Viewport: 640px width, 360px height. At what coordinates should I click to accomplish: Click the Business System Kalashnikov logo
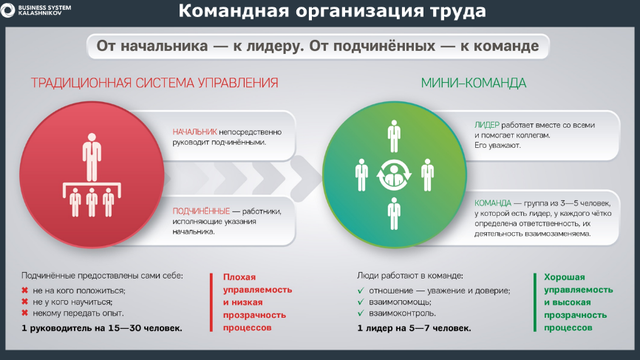[36, 10]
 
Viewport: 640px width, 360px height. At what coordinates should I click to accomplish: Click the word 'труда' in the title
[457, 11]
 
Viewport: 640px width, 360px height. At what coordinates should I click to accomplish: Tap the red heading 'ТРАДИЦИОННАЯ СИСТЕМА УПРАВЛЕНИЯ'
[154, 83]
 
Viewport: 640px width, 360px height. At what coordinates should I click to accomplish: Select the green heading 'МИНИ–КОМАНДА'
[474, 83]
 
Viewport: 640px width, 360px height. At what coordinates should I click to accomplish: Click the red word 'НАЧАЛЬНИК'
[194, 132]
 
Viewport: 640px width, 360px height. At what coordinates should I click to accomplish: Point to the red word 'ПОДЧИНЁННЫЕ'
[201, 211]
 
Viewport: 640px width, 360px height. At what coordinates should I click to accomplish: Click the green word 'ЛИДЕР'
[486, 125]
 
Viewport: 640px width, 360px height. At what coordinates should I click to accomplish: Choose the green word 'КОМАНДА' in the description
[492, 203]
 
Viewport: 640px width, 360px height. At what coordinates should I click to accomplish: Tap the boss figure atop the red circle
[92, 157]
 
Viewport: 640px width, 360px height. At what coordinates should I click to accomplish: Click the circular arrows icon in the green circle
[394, 175]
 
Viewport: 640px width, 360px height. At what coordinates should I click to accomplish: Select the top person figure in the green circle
[394, 136]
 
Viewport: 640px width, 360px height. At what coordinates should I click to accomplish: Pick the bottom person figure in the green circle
[394, 214]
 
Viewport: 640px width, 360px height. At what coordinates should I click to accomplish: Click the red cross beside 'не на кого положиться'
[24, 291]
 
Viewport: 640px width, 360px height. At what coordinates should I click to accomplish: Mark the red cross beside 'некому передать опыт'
[24, 313]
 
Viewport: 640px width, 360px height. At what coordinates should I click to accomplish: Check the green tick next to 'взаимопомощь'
[361, 302]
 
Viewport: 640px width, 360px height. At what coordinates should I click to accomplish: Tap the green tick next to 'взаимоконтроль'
[361, 313]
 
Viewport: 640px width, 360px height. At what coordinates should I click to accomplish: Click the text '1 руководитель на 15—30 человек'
[102, 328]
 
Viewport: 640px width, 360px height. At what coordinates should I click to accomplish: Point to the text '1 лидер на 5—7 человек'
[414, 328]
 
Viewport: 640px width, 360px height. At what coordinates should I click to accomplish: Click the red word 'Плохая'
[239, 277]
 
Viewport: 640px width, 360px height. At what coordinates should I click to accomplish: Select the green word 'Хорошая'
[564, 277]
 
